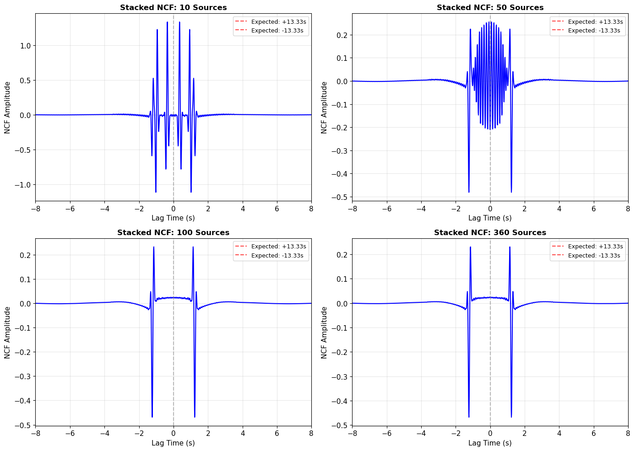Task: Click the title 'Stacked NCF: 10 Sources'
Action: pyautogui.click(x=173, y=7)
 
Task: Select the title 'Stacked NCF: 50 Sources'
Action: pyautogui.click(x=490, y=7)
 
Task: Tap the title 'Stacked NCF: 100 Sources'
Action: pyautogui.click(x=173, y=232)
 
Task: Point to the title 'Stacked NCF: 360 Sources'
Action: pyautogui.click(x=490, y=232)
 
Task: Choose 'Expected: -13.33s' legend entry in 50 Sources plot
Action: pyautogui.click(x=594, y=31)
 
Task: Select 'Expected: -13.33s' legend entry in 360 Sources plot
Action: pyautogui.click(x=594, y=256)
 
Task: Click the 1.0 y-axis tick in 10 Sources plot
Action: pyautogui.click(x=25, y=46)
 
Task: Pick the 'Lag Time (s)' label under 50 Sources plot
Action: pyautogui.click(x=490, y=218)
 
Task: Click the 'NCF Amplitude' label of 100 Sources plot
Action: pyautogui.click(x=8, y=333)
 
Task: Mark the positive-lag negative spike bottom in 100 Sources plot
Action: pyautogui.click(x=195, y=417)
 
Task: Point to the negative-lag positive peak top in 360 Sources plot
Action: pyautogui.click(x=470, y=247)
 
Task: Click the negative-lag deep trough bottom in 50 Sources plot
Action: pyautogui.click(x=469, y=192)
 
